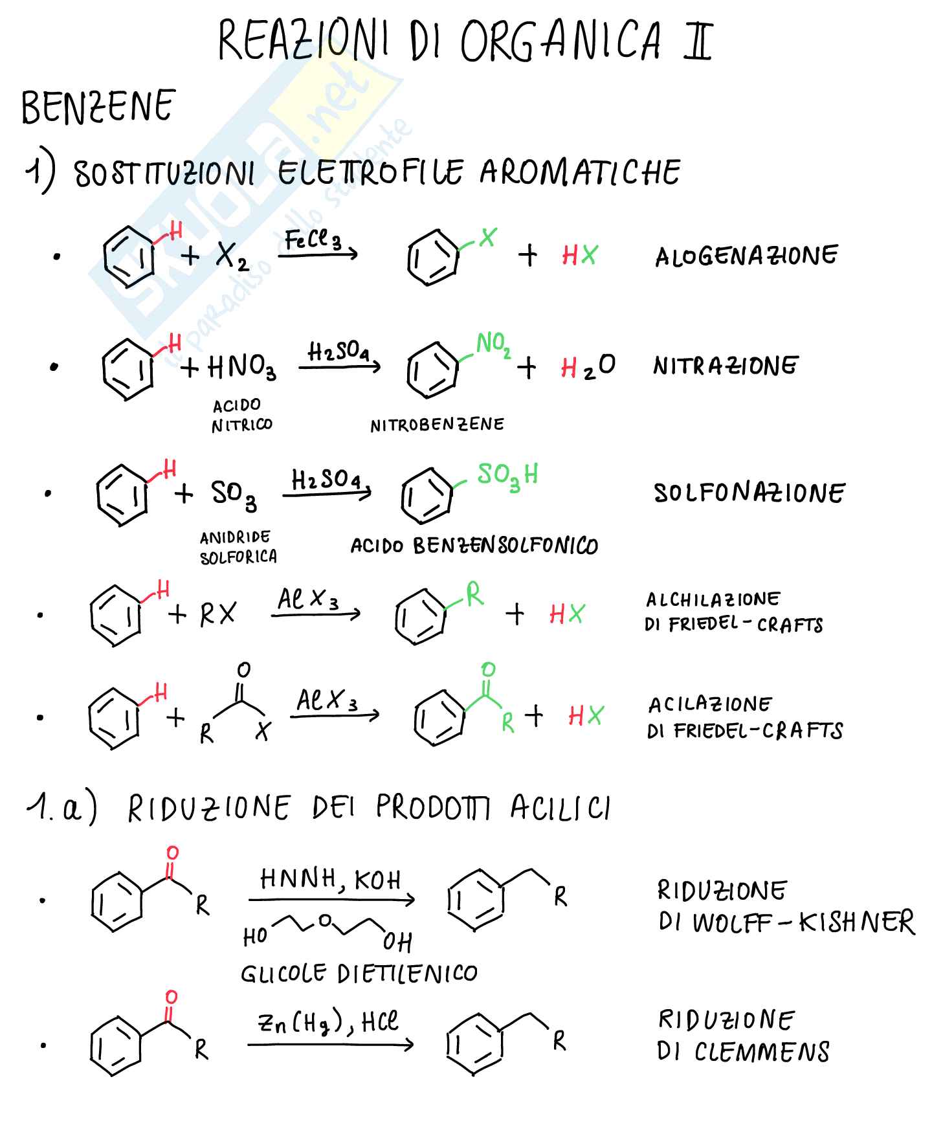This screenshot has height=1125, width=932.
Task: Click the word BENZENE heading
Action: click(x=98, y=107)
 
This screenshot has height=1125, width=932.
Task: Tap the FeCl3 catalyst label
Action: click(x=313, y=241)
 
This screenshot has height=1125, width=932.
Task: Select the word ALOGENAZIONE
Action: click(x=746, y=256)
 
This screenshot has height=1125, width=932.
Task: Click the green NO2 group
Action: click(x=493, y=344)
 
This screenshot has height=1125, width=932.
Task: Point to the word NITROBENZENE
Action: click(x=437, y=425)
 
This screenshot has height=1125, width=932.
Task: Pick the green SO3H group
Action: click(x=508, y=476)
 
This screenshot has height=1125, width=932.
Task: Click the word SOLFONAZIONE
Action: click(x=749, y=493)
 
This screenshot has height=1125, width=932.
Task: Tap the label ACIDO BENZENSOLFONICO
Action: click(x=474, y=546)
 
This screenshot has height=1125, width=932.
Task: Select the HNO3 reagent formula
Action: click(x=242, y=368)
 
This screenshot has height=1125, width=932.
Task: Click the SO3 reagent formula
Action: click(x=234, y=495)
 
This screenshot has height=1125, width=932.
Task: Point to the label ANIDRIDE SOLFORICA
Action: click(x=238, y=547)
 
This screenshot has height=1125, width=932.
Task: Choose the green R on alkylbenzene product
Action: click(x=474, y=594)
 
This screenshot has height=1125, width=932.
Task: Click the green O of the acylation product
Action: click(x=489, y=669)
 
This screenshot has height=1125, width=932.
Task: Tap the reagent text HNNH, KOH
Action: click(x=330, y=879)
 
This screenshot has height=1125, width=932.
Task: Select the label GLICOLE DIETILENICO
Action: click(x=359, y=973)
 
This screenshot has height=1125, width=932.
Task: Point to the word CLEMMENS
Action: click(x=762, y=1052)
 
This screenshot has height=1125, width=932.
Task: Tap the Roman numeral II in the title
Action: click(x=698, y=40)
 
